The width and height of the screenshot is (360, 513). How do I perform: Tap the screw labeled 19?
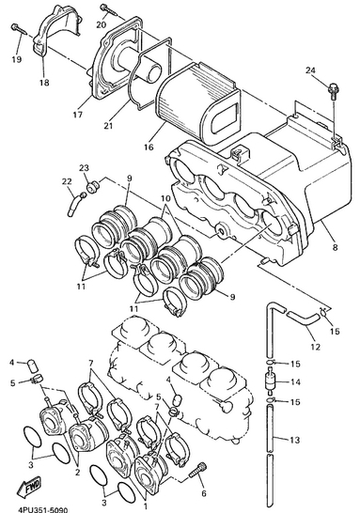tap(20, 28)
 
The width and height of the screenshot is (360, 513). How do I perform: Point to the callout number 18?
tap(44, 83)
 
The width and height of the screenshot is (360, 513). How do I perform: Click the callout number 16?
tap(149, 147)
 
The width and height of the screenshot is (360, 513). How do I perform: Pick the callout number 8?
tap(335, 247)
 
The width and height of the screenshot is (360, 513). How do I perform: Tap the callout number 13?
tap(295, 440)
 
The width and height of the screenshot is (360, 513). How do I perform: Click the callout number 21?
tap(108, 125)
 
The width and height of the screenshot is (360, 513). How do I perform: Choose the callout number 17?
tap(78, 115)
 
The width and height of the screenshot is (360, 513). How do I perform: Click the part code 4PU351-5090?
tap(42, 510)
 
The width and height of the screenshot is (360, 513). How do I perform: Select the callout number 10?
tap(166, 198)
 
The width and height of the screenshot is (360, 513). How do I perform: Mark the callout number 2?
tap(78, 473)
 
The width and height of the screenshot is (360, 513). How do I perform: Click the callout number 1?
tap(146, 506)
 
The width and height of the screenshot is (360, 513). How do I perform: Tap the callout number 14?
tap(295, 381)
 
